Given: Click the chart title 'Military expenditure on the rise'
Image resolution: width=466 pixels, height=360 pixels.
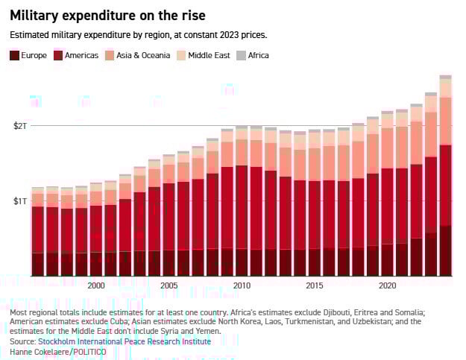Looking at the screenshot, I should click(107, 15).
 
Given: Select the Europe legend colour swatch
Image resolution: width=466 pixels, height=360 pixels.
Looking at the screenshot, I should click(14, 55).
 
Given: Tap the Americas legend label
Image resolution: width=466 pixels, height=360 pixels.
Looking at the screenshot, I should click(81, 55).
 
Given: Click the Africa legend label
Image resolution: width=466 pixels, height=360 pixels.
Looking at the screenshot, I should click(258, 55).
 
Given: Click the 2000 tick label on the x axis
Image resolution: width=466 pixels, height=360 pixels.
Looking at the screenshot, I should click(95, 285).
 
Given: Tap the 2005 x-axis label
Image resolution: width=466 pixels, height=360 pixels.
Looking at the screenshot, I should click(169, 285).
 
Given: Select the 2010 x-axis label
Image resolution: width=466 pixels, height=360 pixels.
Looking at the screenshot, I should click(242, 285).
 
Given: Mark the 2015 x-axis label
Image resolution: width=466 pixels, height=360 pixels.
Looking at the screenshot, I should click(314, 285).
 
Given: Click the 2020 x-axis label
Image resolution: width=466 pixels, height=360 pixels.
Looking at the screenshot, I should click(387, 285).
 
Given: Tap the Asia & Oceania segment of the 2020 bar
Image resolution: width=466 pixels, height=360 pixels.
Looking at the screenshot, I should click(387, 148).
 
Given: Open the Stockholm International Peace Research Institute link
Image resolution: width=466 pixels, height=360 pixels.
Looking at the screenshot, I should click(124, 341).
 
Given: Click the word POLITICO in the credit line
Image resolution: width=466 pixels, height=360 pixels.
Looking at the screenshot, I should click(89, 351).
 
